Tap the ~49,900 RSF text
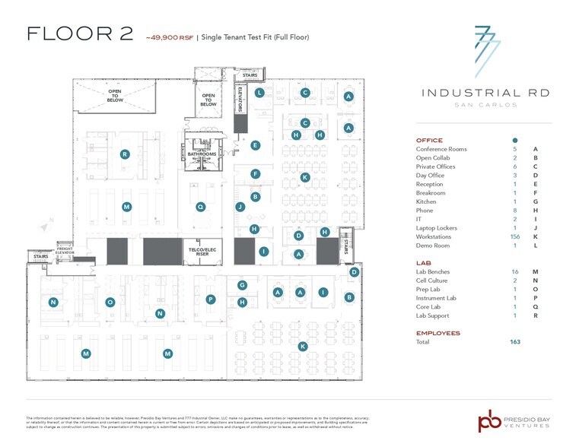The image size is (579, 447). tap(168, 36)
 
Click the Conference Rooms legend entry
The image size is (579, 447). tap(441, 150)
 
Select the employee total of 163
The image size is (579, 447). tap(514, 342)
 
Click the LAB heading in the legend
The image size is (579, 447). tap(424, 262)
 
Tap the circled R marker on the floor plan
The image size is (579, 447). tap(125, 154)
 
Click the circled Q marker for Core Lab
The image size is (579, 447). tap(201, 206)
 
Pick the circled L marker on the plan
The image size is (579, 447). tap(259, 93)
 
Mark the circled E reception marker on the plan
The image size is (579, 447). tap(256, 145)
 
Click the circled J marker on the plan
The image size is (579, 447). tap(240, 206)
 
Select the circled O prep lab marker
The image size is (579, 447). tap(110, 302)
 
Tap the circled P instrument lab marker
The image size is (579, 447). tap(210, 300)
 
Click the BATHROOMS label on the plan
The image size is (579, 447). tap(202, 154)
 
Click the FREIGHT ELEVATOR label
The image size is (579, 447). tap(67, 250)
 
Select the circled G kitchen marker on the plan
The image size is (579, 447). tap(242, 285)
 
